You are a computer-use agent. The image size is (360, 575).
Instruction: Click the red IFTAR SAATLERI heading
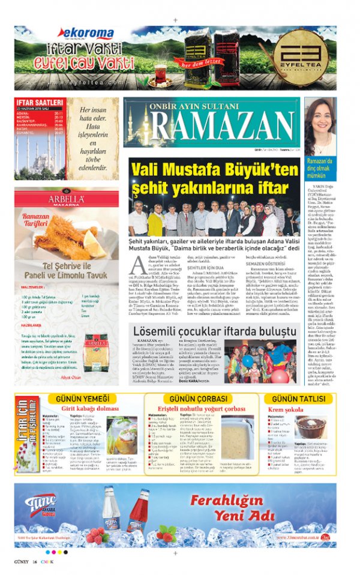(x=39, y=103)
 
